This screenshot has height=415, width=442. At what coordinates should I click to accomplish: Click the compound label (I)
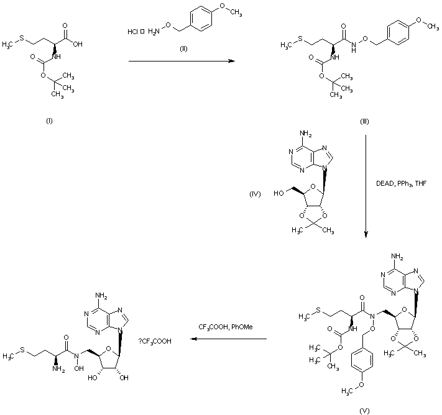point(49,120)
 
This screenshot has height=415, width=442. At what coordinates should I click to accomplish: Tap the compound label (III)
point(365,121)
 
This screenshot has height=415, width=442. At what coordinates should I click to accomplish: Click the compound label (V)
point(365,409)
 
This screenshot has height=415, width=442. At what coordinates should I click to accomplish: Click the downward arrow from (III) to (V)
point(366,186)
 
